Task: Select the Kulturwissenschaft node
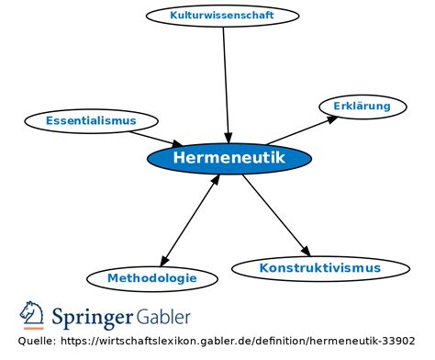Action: pyautogui.click(x=223, y=16)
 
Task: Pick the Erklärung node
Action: pyautogui.click(x=362, y=107)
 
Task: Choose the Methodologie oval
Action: pyautogui.click(x=151, y=277)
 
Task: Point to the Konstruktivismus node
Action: pyautogui.click(x=319, y=268)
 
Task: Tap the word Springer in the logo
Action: pyautogui.click(x=93, y=317)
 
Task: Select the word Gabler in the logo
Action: pyautogui.click(x=164, y=317)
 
